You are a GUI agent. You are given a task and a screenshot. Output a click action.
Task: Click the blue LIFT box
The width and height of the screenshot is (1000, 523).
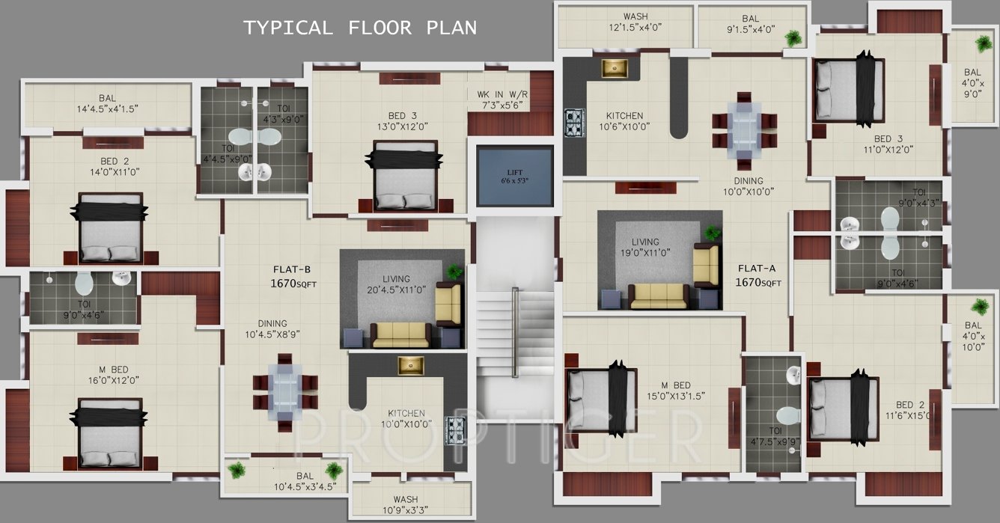515,177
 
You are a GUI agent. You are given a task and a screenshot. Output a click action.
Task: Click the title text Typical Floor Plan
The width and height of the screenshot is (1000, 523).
360,28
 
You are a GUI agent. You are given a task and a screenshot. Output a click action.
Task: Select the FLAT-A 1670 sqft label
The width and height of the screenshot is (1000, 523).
759,275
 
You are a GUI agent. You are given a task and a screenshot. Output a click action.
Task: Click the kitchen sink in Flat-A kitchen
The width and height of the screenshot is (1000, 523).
618,68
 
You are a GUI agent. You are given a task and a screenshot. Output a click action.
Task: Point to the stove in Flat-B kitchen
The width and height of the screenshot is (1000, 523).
455,431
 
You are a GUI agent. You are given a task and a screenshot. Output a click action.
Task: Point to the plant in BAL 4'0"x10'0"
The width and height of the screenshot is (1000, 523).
979,306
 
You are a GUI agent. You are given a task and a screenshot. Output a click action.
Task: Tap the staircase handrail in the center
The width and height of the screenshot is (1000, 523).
515,330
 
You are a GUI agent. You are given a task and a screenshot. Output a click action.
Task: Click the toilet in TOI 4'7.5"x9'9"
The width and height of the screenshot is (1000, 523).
787,415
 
